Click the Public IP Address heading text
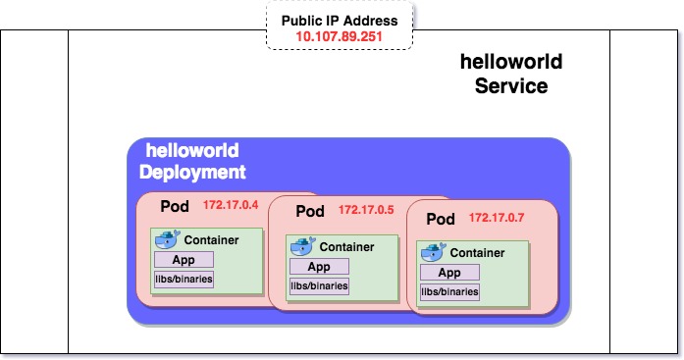coord(340,21)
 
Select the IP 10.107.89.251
coord(340,37)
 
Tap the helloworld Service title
coord(511,74)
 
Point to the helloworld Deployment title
coord(192,162)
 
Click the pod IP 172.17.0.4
coord(230,206)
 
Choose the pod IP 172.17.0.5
coord(365,211)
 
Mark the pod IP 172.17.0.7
coord(497,217)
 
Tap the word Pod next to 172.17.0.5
coord(309,212)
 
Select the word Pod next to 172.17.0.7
coord(441,219)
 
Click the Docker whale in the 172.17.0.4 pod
coord(168,238)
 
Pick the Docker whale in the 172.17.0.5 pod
coord(302,246)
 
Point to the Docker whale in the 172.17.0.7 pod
coord(433,252)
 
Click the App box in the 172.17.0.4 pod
coord(183,260)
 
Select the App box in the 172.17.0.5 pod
coord(317,267)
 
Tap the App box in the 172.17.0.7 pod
coord(449,273)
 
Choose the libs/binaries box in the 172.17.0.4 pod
coord(184,280)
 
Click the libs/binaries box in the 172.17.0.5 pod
coord(318,286)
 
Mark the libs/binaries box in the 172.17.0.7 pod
coord(449,292)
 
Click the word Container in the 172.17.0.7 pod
coord(477,253)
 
